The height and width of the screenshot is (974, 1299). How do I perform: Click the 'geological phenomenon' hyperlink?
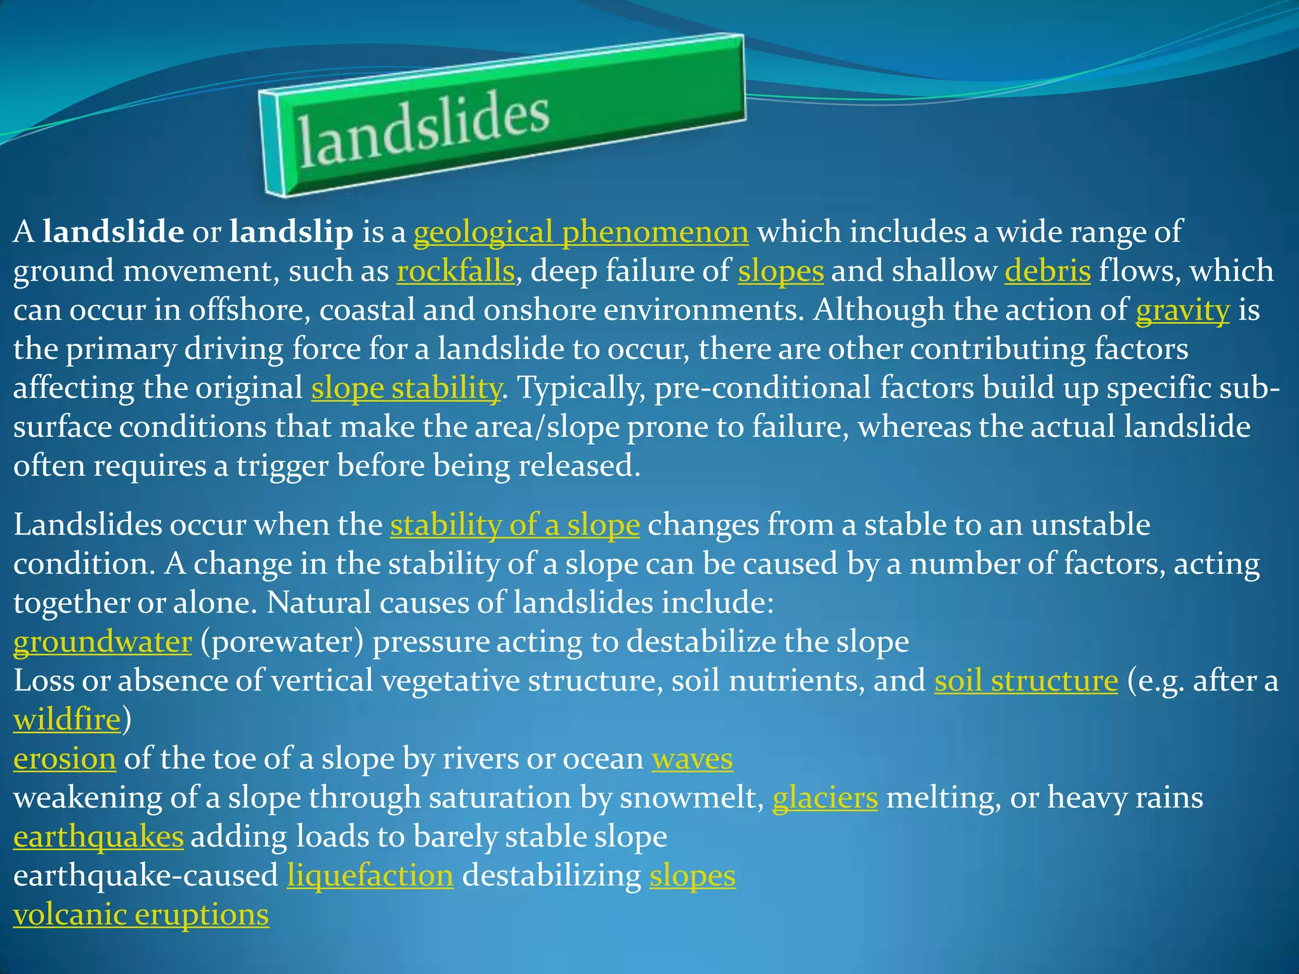(x=580, y=232)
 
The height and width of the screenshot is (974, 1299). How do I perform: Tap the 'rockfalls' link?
(x=455, y=271)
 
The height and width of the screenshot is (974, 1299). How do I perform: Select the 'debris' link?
(x=1047, y=271)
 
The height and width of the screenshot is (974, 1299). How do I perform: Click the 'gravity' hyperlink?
(x=1182, y=311)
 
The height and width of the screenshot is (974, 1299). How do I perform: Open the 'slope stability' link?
(x=406, y=388)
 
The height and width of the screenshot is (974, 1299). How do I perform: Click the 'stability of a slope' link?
(x=514, y=525)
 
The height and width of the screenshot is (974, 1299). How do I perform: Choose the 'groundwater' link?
(x=102, y=642)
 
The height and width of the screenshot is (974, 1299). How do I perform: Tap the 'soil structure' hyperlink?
(x=1026, y=681)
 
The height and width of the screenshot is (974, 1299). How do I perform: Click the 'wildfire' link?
(x=67, y=720)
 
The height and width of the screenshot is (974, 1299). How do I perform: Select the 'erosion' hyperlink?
(x=65, y=759)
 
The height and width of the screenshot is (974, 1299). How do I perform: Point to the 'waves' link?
(x=692, y=759)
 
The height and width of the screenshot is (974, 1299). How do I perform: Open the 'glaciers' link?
(x=825, y=798)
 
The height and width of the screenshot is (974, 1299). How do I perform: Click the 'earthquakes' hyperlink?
(x=98, y=837)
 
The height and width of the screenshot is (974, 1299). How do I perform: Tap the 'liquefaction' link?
(x=370, y=876)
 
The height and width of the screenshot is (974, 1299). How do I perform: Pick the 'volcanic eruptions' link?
(x=141, y=915)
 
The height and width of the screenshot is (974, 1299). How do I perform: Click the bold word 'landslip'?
(x=291, y=232)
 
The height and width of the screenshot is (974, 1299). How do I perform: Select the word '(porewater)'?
(x=282, y=642)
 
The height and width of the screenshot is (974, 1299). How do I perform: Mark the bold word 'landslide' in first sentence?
(x=113, y=232)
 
